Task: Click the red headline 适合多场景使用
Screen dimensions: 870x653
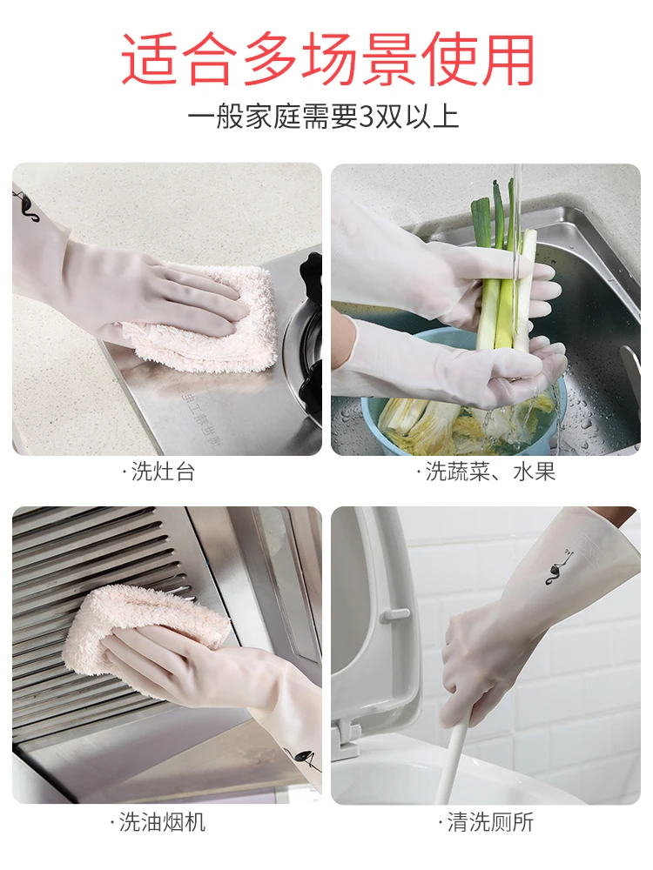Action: pos(326,58)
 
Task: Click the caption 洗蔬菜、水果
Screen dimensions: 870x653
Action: pos(488,472)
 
